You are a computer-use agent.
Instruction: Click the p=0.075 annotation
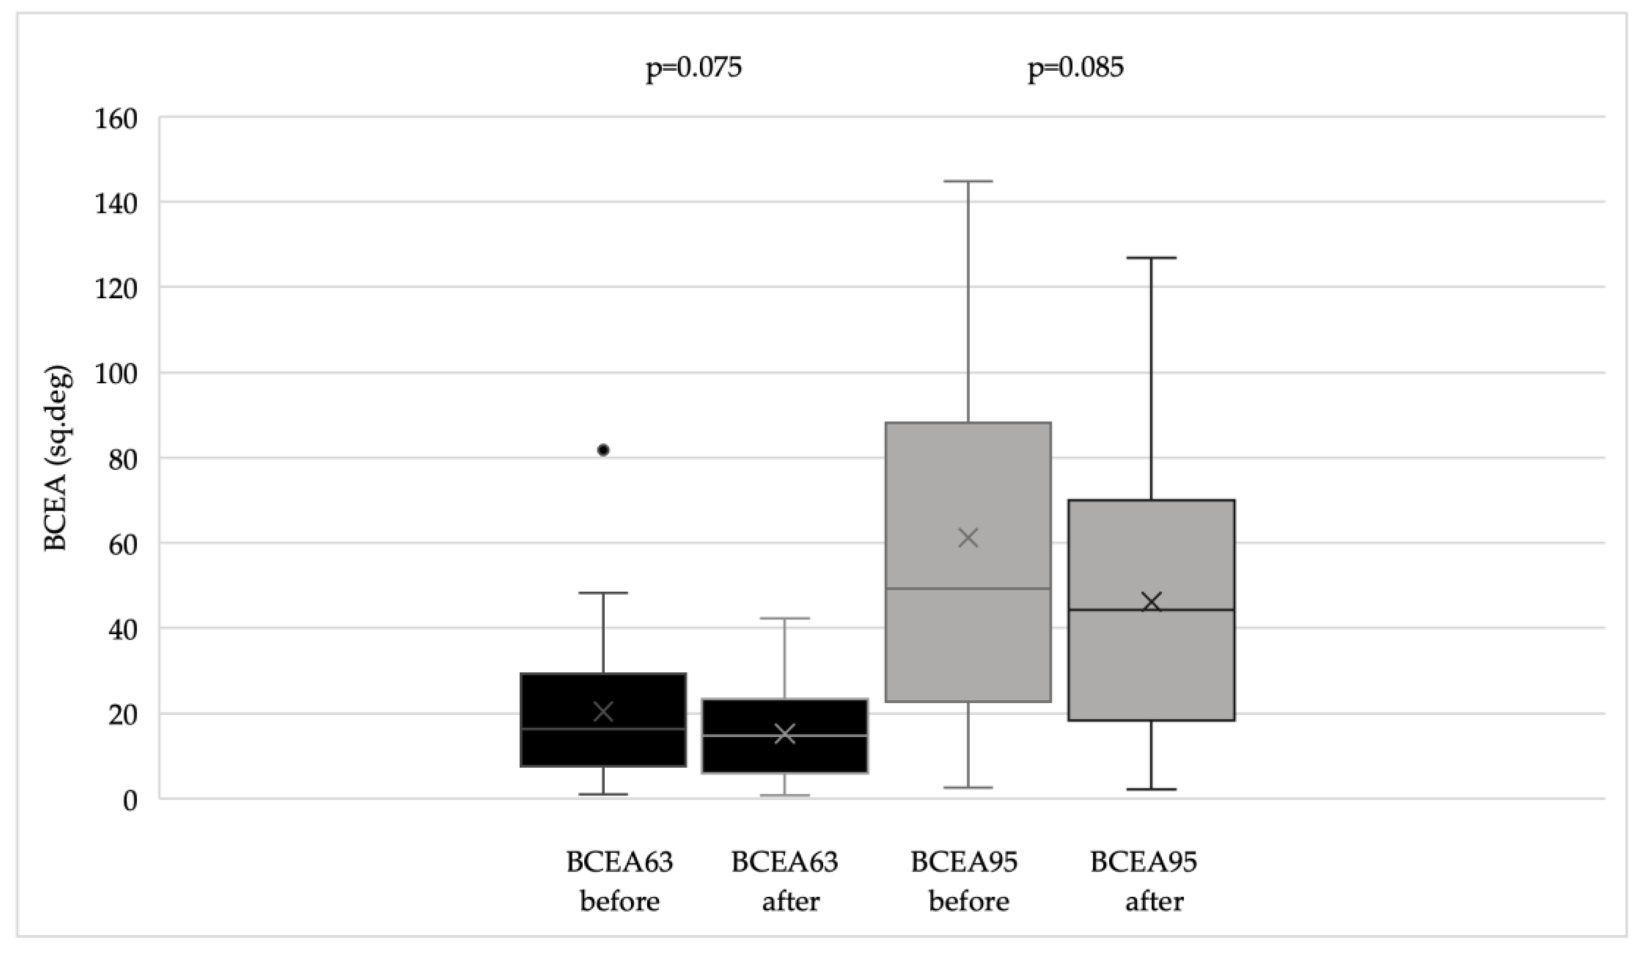pyautogui.click(x=694, y=68)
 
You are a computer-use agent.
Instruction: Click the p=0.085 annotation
pyautogui.click(x=1076, y=68)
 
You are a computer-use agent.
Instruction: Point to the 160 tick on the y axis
pyautogui.click(x=116, y=120)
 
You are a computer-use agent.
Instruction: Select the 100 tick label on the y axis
pyautogui.click(x=116, y=375)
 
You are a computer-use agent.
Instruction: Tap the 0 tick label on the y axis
pyautogui.click(x=130, y=801)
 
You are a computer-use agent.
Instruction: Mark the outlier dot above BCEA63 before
pyautogui.click(x=603, y=450)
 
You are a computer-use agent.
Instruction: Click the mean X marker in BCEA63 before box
pyautogui.click(x=603, y=712)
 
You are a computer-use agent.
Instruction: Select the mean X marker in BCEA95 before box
pyautogui.click(x=968, y=539)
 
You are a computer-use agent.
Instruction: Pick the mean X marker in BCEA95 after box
pyautogui.click(x=1152, y=602)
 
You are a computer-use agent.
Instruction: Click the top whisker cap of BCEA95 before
pyautogui.click(x=968, y=182)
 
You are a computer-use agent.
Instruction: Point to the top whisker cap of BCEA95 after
pyautogui.click(x=1152, y=258)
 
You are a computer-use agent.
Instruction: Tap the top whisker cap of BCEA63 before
pyautogui.click(x=603, y=593)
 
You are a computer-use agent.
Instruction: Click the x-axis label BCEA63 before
pyautogui.click(x=619, y=882)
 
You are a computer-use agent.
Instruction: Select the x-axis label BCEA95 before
pyautogui.click(x=965, y=882)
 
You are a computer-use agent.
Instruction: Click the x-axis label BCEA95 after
pyautogui.click(x=1144, y=882)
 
